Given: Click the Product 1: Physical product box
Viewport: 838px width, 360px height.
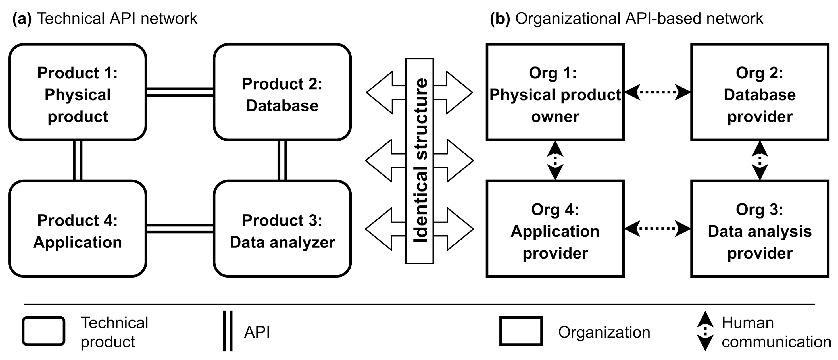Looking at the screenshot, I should point(78,92).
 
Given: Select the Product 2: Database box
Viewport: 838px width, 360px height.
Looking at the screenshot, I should point(282,92).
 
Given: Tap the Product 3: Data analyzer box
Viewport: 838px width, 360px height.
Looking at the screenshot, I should point(282,229).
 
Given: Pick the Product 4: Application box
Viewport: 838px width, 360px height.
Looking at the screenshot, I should point(78,229).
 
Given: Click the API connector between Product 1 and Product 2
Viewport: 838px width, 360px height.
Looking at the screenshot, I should point(180,92).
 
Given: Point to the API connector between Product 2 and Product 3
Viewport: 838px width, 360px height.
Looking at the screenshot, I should point(282,160).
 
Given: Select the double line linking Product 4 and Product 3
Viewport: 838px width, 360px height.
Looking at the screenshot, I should point(180,229).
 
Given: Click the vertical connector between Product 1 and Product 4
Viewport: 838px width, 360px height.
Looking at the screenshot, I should point(78,160).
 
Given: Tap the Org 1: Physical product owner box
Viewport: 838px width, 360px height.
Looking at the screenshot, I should point(555,92).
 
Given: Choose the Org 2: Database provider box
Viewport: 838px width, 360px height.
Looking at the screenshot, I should point(760,92).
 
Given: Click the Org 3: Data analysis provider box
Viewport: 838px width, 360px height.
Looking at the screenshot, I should point(760,229).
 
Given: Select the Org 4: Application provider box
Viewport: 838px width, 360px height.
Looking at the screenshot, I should point(555,229).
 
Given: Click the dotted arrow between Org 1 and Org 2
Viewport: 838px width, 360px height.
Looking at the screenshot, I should point(657,92).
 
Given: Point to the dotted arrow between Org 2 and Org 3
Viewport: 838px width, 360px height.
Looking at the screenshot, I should point(760,160).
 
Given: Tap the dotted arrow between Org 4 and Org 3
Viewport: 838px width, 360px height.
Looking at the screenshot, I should point(657,229).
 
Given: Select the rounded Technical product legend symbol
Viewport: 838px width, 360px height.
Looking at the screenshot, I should point(43,331).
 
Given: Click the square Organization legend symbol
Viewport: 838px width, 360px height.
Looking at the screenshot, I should point(521,331).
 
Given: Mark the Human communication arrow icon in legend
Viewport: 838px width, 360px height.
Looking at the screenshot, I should point(705,331).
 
